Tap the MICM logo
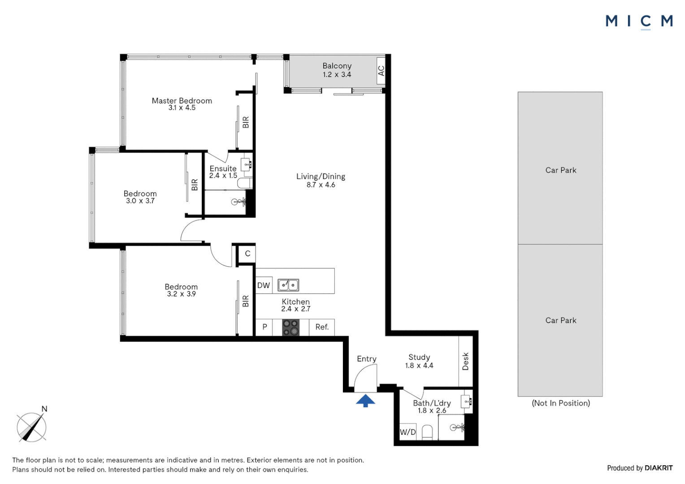639,21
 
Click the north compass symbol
32,427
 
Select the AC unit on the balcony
381,71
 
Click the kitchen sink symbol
288,285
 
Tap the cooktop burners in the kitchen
290,327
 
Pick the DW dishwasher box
264,285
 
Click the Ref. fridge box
322,327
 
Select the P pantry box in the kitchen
264,327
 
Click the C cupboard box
247,254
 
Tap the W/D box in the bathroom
408,432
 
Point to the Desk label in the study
465,361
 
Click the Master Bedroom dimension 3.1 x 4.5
182,108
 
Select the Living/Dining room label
321,176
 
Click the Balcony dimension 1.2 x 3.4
337,75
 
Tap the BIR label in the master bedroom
246,122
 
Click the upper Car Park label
560,170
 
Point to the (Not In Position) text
560,403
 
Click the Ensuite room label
223,169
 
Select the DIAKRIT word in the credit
659,468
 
